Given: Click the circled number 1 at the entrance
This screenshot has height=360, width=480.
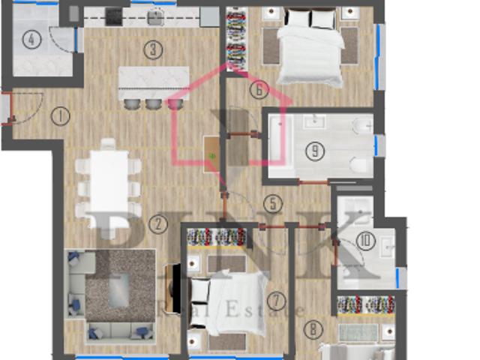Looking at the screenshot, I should click(61, 115).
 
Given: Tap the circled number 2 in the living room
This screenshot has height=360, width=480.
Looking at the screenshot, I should click(157, 222).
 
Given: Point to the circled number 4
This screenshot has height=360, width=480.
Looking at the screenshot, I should click(31, 40).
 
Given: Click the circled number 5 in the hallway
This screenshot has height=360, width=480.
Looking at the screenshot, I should click(273, 203).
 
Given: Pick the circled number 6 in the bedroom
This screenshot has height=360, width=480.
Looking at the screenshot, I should click(258, 90).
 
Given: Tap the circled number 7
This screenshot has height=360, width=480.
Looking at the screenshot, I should click(277, 301).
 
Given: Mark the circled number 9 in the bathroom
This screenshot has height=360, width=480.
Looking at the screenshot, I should click(316, 151).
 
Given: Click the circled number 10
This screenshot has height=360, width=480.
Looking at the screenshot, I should click(365, 241).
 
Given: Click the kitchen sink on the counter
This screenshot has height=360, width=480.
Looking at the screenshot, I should click(156, 16).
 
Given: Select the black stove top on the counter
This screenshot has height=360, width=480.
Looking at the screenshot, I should click(114, 16).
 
